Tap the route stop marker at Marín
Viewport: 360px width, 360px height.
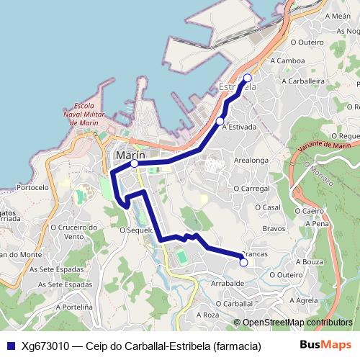(x=135, y=163)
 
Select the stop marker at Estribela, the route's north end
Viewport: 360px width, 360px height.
(x=248, y=78)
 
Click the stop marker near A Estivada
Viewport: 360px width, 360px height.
(x=220, y=121)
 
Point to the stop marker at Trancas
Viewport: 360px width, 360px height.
(x=243, y=263)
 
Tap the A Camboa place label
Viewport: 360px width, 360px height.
(x=288, y=60)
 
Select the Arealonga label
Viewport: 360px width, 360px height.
(x=251, y=161)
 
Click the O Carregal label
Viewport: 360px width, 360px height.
(x=251, y=187)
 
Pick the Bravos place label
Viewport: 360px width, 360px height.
(x=274, y=229)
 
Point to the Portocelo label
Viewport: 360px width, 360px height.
(x=33, y=187)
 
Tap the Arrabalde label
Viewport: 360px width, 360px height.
(x=226, y=284)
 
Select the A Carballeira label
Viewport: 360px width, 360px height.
(x=304, y=81)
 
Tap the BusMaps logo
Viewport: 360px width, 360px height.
(x=326, y=345)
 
